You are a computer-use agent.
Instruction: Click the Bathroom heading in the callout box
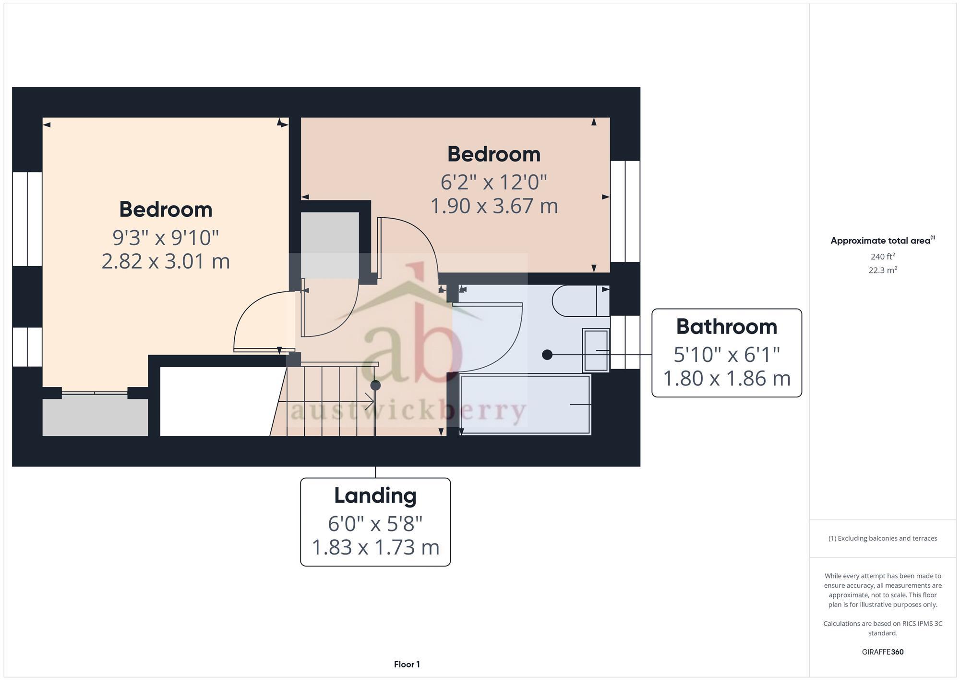tap(726, 327)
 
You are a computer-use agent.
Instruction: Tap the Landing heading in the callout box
tap(375, 495)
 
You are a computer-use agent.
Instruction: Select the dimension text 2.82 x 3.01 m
tap(166, 261)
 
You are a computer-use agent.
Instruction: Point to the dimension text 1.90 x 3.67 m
tap(494, 206)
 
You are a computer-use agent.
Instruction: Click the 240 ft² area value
tap(882, 257)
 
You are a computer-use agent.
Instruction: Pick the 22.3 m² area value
tap(882, 270)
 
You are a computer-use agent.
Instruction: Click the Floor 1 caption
tap(407, 664)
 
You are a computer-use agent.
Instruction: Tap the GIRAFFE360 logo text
tap(882, 652)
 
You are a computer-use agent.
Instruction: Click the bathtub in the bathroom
tap(525, 405)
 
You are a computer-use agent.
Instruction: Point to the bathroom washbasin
tap(596, 350)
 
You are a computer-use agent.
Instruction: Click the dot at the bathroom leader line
tap(547, 355)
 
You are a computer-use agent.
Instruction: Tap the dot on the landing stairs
tap(375, 385)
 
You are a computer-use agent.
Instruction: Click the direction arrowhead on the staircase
tap(370, 401)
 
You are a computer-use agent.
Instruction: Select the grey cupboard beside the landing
tap(329, 245)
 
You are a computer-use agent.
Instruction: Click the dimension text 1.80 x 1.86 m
tap(726, 379)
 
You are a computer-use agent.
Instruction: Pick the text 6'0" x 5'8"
tap(375, 524)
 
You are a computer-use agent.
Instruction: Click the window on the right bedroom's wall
tap(625, 211)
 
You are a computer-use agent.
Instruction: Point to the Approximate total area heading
tap(882, 241)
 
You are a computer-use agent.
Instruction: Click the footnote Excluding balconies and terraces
tap(882, 538)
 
